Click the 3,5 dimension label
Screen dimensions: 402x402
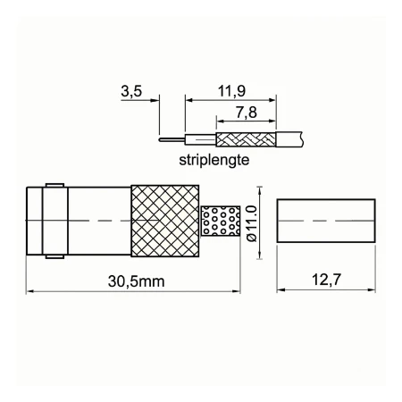click(131, 91)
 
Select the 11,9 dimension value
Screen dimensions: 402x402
click(231, 91)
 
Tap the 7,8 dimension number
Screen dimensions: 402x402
click(247, 113)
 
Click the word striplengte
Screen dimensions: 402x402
click(214, 160)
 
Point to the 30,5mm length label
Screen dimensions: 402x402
click(136, 281)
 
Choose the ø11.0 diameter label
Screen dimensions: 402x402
click(252, 223)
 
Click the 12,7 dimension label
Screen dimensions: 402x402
click(326, 280)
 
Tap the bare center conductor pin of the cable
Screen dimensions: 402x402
click(172, 139)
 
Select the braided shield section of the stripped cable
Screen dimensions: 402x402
click(246, 139)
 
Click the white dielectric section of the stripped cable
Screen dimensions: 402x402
click(200, 139)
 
